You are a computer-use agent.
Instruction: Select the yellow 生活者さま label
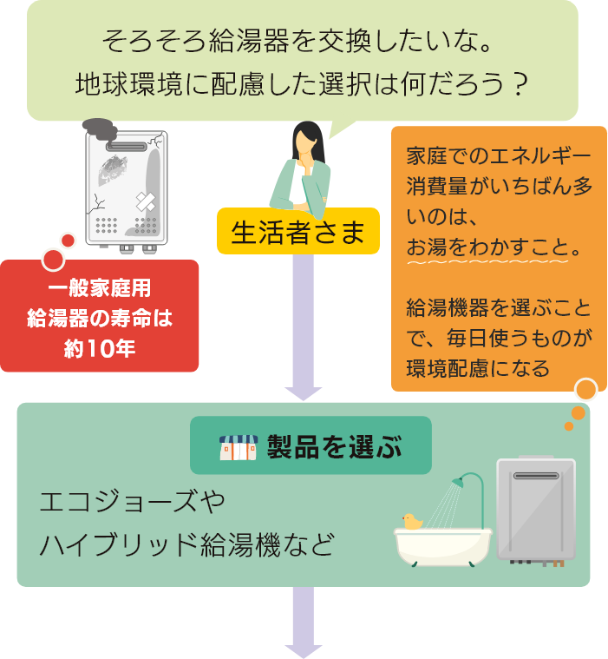[297, 232]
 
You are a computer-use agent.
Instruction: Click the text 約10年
[100, 348]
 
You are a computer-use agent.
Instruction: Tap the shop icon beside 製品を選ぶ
[238, 446]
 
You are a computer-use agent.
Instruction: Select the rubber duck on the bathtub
[412, 521]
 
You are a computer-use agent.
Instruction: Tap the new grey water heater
[535, 511]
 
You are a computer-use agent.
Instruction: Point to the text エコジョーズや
[132, 504]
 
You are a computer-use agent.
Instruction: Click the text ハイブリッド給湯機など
[186, 547]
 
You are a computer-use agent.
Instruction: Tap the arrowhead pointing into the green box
[303, 392]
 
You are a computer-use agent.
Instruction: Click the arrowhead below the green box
[303, 649]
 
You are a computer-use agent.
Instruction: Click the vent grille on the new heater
[535, 476]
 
